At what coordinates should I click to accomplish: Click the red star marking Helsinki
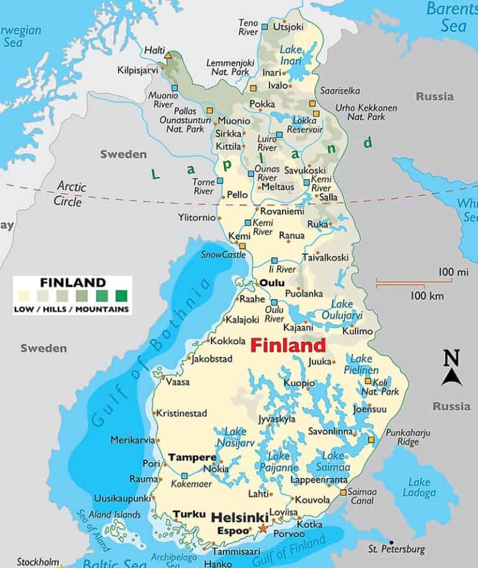pyautogui.click(x=262, y=529)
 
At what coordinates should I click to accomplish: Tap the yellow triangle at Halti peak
pyautogui.click(x=167, y=56)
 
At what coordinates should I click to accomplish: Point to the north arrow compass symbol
pyautogui.click(x=451, y=370)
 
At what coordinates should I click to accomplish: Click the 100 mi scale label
pyautogui.click(x=452, y=272)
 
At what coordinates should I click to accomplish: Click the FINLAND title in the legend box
pyautogui.click(x=72, y=281)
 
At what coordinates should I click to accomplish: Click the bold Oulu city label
pyautogui.click(x=271, y=283)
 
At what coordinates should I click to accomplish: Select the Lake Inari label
pyautogui.click(x=291, y=55)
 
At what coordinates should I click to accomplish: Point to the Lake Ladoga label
pyautogui.click(x=419, y=487)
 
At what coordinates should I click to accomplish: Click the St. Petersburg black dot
pyautogui.click(x=391, y=542)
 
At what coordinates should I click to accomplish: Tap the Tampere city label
pyautogui.click(x=192, y=457)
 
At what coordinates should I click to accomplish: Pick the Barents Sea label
pyautogui.click(x=452, y=17)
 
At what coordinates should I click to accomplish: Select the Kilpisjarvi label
pyautogui.click(x=138, y=70)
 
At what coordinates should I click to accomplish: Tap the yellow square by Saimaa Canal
pyautogui.click(x=343, y=493)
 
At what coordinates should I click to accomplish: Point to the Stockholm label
pyautogui.click(x=38, y=562)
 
